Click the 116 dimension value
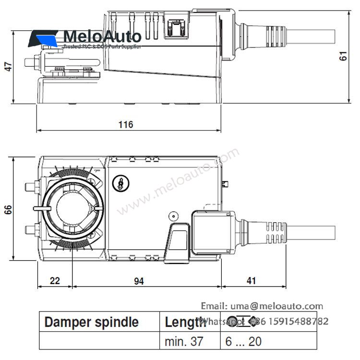[x=126, y=125]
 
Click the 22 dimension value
[x=55, y=281]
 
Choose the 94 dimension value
[x=139, y=281]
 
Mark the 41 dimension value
[x=251, y=281]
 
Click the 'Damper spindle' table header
[x=91, y=322]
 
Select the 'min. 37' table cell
[x=184, y=341]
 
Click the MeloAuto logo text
[x=102, y=36]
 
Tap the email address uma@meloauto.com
[x=262, y=306]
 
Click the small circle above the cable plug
[x=173, y=216]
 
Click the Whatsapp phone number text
[x=288, y=321]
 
